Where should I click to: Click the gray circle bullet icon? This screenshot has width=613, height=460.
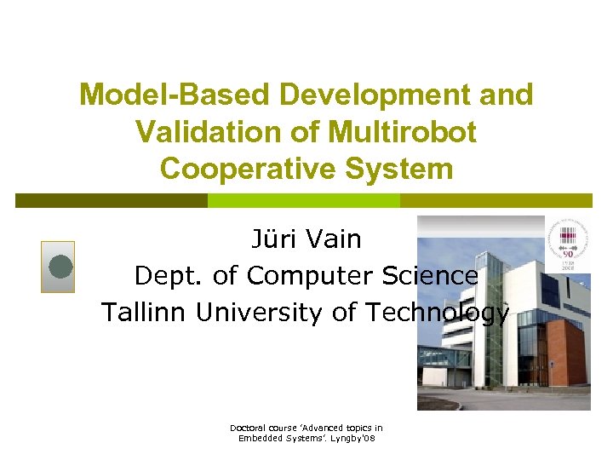[59, 267]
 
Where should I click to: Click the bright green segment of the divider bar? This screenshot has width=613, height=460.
[303, 200]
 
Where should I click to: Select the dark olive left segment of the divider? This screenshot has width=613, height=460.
[111, 200]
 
